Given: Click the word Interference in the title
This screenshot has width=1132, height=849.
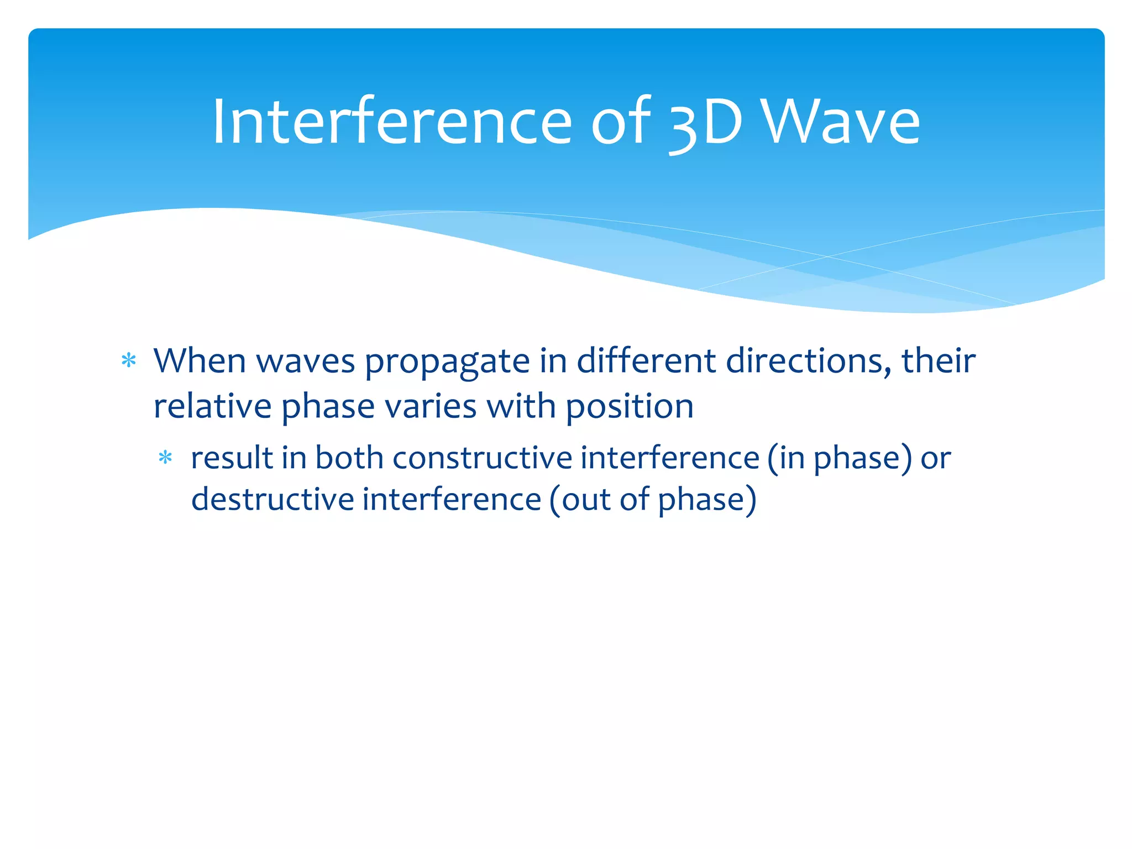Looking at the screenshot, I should coord(391,122).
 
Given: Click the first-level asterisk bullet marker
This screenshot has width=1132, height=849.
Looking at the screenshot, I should coord(129,361).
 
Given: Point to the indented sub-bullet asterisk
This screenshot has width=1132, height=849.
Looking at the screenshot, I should coord(165,458).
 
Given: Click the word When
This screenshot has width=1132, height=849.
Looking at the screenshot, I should coord(200,361).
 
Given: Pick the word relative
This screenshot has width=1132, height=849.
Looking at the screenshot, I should coord(212,407).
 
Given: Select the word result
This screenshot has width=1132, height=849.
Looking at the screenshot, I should coord(232,458).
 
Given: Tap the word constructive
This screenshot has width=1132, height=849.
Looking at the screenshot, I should coord(481,458).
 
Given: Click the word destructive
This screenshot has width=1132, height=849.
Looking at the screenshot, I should coord(272,500).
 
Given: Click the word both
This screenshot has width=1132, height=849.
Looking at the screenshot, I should coord(349,458).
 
